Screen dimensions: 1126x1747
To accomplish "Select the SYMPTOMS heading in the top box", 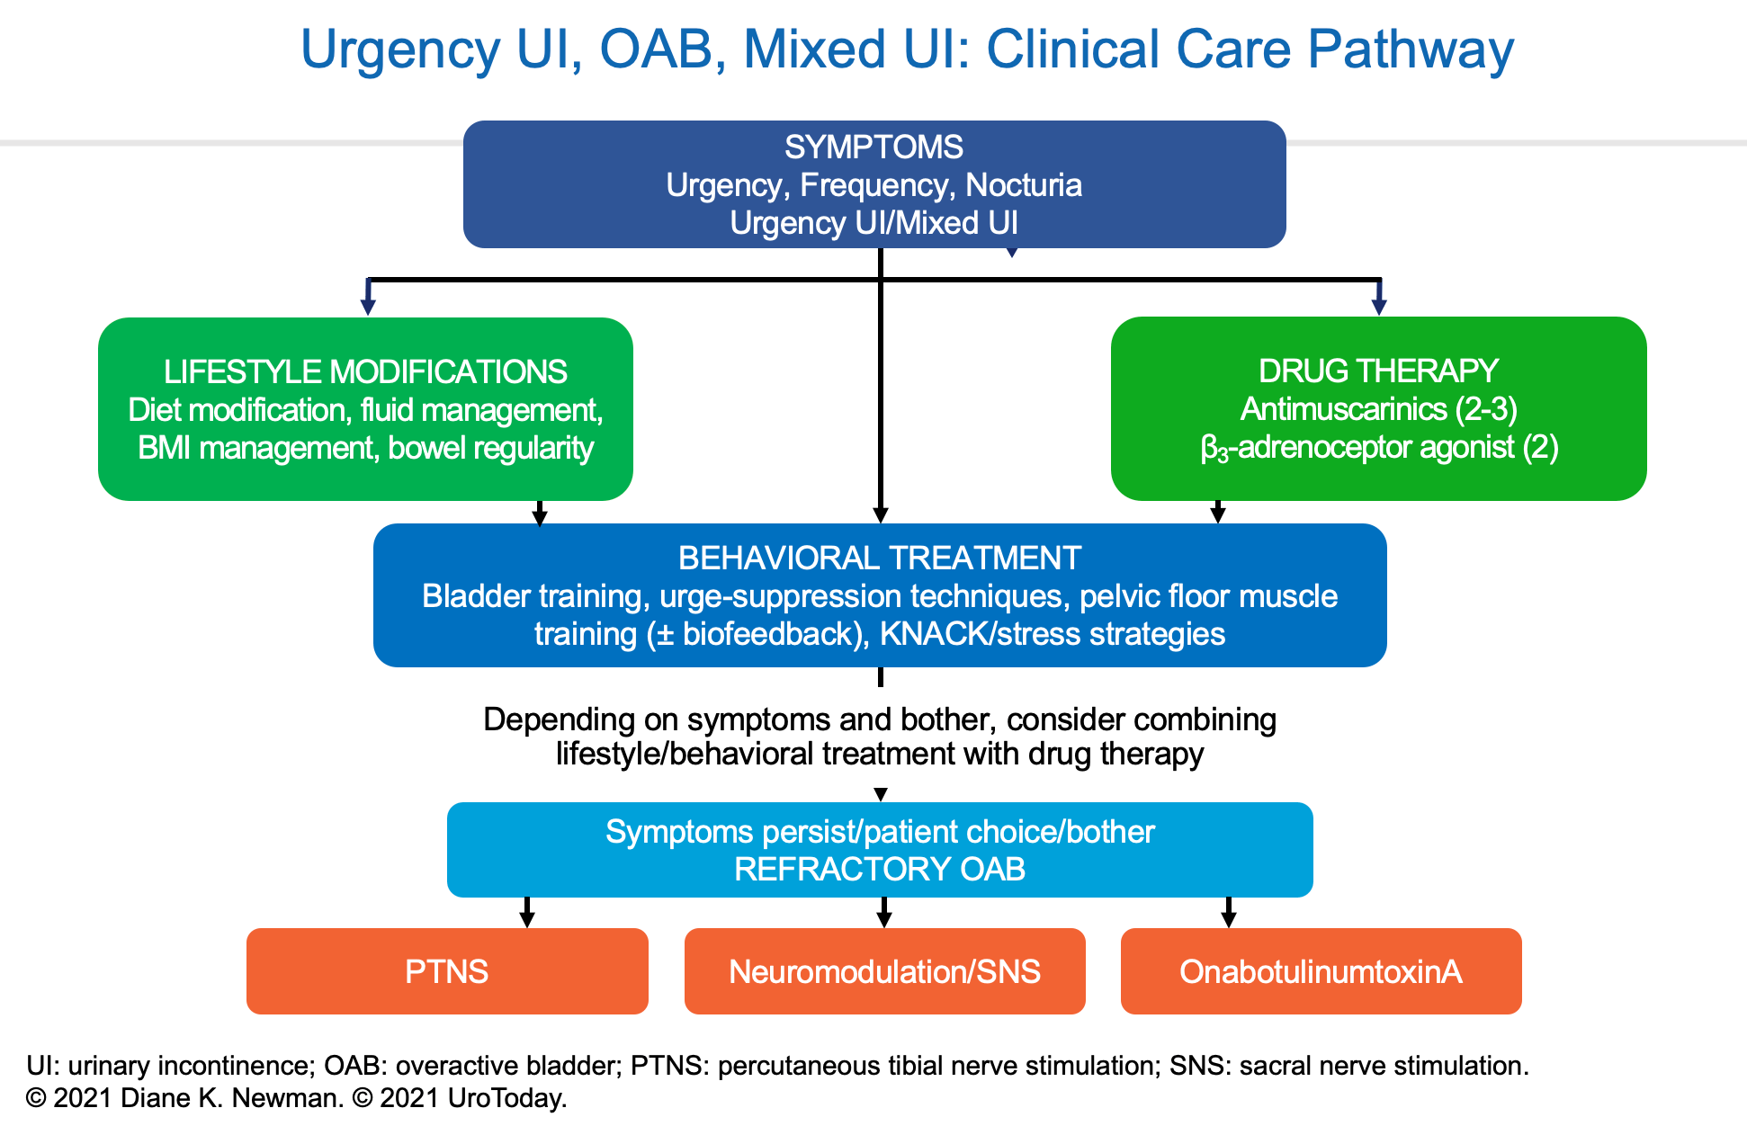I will (873, 147).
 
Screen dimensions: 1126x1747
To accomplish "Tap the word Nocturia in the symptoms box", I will (1023, 185).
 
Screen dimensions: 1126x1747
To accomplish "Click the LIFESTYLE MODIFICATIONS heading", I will (365, 371).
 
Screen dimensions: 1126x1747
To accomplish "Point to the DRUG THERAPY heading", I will (1378, 371).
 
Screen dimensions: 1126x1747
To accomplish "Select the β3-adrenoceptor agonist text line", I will (1378, 447).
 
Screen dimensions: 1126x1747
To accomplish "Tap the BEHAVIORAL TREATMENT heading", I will (879, 558).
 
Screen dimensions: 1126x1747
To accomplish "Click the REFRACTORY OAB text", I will (879, 870).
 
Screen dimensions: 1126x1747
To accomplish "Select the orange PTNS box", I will (447, 971).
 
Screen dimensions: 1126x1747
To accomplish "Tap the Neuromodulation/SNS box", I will (884, 971).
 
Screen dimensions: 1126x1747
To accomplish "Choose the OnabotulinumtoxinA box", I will (1321, 971).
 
